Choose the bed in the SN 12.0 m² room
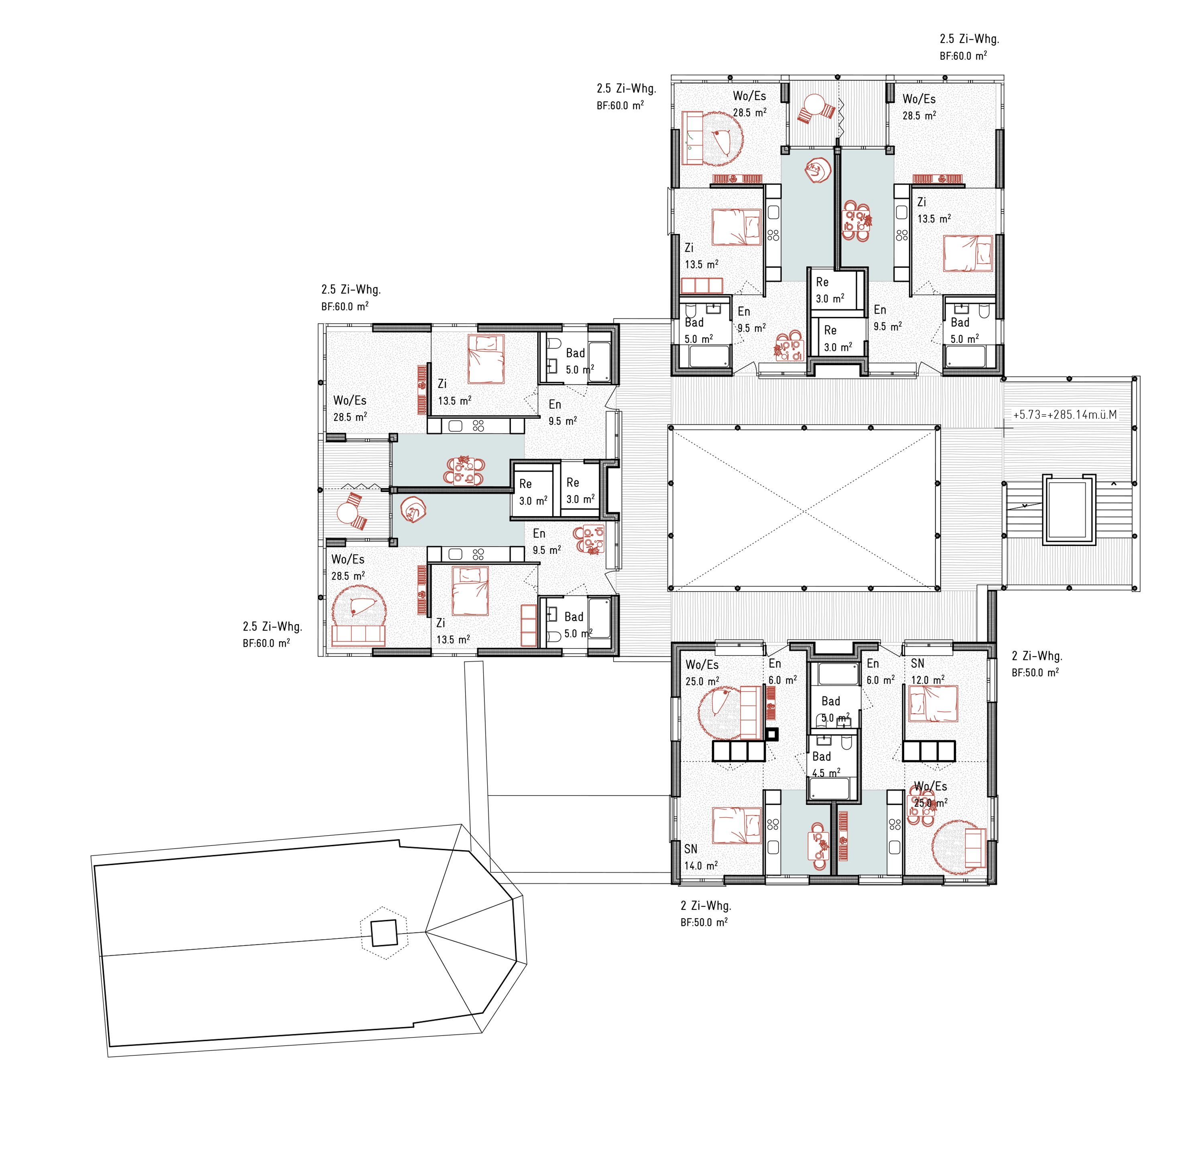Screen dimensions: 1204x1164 (932, 704)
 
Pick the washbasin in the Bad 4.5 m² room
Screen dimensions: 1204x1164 (824, 740)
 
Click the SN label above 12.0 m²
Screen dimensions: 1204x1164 (918, 663)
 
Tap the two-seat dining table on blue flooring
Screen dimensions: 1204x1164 (819, 846)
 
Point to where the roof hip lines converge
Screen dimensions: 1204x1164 (426, 932)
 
